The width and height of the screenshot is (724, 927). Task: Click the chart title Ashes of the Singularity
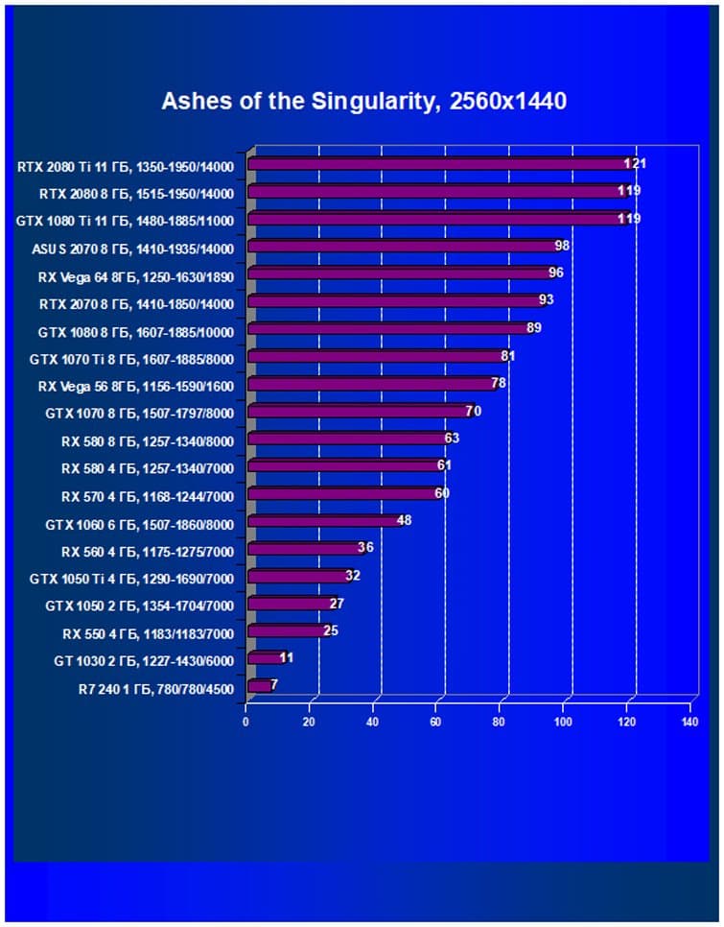(x=363, y=101)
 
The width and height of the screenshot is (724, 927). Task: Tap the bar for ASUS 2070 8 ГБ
(x=403, y=247)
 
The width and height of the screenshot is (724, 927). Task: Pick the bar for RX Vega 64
(x=399, y=273)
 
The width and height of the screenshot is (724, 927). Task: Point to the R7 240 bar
(x=260, y=686)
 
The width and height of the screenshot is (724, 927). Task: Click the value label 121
(x=635, y=164)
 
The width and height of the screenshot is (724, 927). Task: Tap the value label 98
(x=562, y=247)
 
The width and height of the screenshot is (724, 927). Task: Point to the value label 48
(x=404, y=521)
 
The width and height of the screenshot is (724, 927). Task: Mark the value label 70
(x=473, y=412)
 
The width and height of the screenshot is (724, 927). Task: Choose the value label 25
(x=331, y=631)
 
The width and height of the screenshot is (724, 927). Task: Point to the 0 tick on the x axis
(x=246, y=722)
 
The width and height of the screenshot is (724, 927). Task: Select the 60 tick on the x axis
(x=435, y=722)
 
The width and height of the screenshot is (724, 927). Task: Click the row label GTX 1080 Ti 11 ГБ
(x=126, y=220)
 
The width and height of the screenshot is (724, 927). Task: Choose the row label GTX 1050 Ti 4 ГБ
(x=132, y=578)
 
